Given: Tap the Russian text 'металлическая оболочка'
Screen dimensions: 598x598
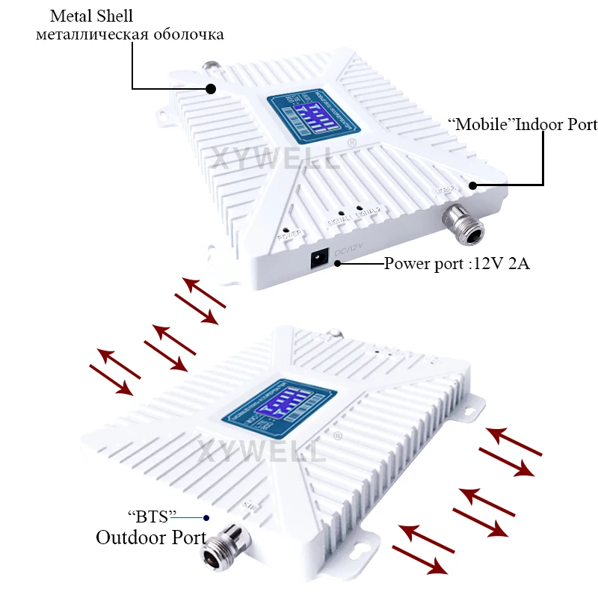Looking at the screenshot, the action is click(x=130, y=34).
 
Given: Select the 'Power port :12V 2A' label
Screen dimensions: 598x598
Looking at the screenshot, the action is click(x=457, y=263).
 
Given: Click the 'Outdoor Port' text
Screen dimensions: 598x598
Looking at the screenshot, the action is click(x=151, y=537).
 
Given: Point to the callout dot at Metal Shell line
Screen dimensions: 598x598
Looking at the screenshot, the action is click(x=210, y=88).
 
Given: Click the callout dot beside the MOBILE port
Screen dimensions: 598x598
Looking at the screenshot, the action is click(x=472, y=184).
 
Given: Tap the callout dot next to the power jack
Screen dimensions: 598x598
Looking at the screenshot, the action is click(x=338, y=264).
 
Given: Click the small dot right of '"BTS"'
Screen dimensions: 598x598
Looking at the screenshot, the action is click(x=207, y=517).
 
